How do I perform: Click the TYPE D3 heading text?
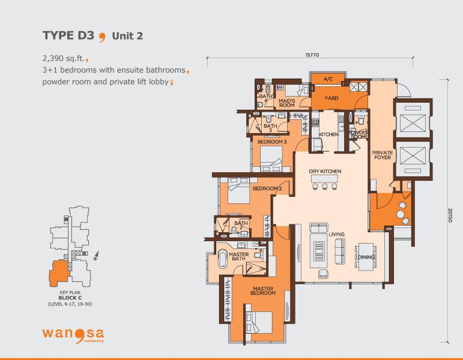tap(68, 35)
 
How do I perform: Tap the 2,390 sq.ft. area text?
tap(64, 58)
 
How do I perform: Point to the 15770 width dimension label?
tap(312, 55)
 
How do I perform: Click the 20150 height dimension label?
tap(450, 215)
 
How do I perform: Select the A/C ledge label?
tap(328, 79)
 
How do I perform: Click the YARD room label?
tap(331, 98)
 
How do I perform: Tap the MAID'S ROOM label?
tap(286, 103)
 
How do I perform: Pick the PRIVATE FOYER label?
tap(383, 155)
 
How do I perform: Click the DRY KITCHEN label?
tap(325, 171)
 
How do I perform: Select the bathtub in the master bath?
tap(222, 259)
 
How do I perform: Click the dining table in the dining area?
tap(366, 256)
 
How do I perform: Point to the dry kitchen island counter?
tap(324, 179)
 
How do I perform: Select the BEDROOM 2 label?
tap(267, 188)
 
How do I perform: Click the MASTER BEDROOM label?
tap(263, 290)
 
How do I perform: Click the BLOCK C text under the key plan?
tap(70, 298)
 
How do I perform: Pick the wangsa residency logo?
tap(73, 334)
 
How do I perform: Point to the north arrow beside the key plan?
tap(96, 256)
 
